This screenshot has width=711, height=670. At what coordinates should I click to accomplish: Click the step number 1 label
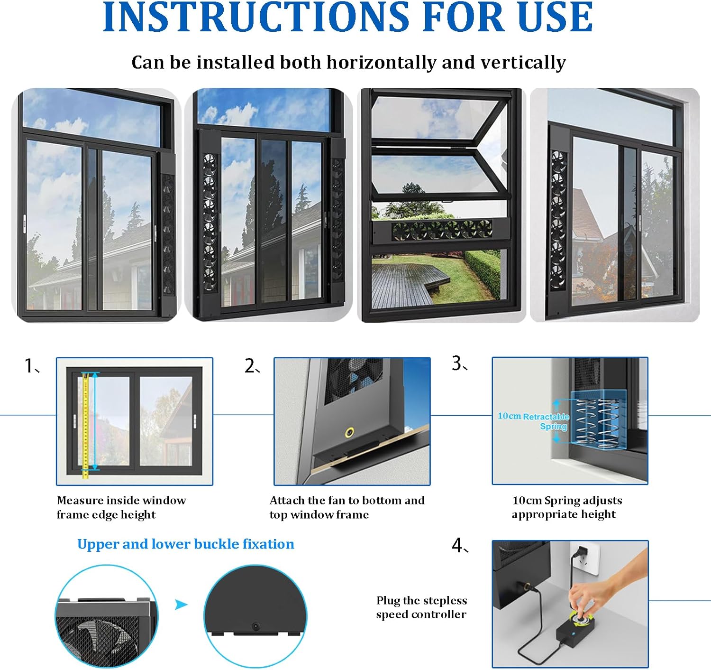(x=30, y=366)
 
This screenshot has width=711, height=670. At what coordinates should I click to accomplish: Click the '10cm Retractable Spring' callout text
(x=533, y=421)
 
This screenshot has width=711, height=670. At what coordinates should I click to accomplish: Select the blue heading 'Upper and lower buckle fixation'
(x=185, y=544)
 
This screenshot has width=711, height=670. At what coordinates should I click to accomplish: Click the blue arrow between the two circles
(x=181, y=605)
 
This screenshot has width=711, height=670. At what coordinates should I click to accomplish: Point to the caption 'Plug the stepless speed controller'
(x=421, y=607)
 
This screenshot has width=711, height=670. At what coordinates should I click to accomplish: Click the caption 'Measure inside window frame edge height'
(x=121, y=507)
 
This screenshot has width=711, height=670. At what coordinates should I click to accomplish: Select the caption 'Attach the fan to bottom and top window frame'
(x=346, y=507)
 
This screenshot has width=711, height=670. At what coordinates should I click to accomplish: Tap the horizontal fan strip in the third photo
(x=440, y=231)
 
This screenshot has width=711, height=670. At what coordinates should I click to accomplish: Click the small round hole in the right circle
(x=256, y=626)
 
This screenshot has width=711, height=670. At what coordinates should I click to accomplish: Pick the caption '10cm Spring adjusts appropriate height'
(x=566, y=507)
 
